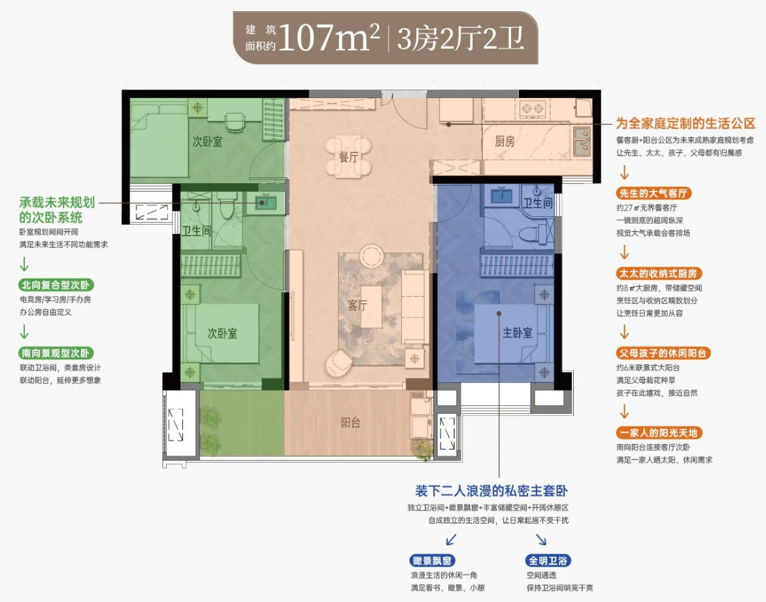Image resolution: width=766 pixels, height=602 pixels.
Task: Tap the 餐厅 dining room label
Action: click(348, 158)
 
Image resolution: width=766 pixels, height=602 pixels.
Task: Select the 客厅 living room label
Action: click(357, 305)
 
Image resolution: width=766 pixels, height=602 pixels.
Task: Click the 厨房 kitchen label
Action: click(505, 142)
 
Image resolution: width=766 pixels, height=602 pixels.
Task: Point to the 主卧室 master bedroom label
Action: click(518, 333)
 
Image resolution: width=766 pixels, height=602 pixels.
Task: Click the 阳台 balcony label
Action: click(350, 422)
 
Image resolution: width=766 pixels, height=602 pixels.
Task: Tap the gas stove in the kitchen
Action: click(532, 109)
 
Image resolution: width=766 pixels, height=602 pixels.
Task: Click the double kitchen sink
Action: click(582, 141)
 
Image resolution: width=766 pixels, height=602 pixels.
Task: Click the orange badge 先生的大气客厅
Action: click(653, 193)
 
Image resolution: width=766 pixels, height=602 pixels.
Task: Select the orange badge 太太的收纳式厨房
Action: click(659, 273)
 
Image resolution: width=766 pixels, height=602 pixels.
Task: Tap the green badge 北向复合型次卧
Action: click(56, 285)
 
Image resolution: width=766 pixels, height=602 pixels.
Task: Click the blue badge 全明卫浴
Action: click(548, 560)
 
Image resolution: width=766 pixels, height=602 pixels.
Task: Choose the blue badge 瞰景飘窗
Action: click(432, 560)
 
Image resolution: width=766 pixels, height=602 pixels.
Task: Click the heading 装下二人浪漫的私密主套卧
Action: click(491, 491)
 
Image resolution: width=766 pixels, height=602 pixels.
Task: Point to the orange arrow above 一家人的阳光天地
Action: click(624, 412)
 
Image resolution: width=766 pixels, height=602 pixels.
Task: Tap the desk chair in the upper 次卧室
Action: click(235, 122)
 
